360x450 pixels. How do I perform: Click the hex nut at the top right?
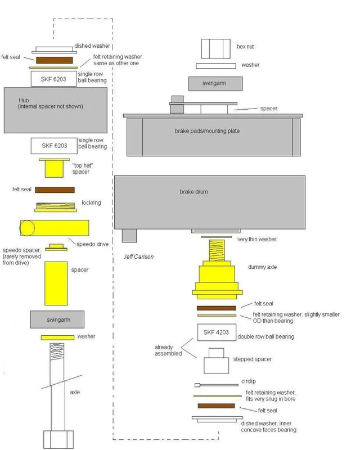point(215,48)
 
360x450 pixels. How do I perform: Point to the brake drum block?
point(209,202)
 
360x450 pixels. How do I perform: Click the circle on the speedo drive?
point(27,228)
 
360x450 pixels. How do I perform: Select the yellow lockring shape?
point(55,207)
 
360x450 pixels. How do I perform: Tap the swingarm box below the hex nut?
point(215,83)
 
